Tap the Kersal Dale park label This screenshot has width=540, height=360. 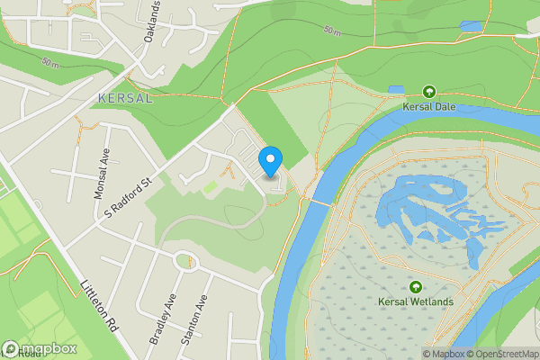[x=428, y=106]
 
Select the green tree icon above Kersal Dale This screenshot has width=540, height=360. [x=428, y=91]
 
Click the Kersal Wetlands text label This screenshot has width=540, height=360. [x=416, y=301]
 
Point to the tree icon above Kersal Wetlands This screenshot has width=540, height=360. [x=416, y=286]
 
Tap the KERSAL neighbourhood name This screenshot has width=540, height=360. [x=125, y=97]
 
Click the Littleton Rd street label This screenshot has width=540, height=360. [x=101, y=305]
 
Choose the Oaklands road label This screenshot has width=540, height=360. [x=152, y=22]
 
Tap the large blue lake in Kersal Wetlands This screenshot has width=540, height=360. [x=423, y=211]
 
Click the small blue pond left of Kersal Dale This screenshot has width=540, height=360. [x=396, y=90]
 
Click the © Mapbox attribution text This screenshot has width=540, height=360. [x=443, y=354]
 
